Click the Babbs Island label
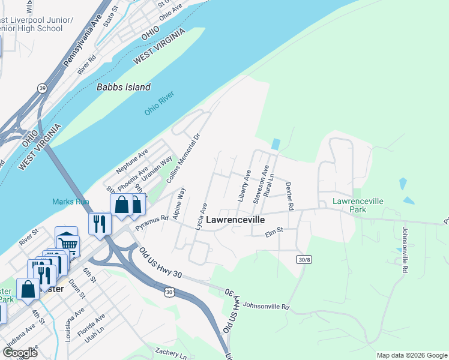point(124,87)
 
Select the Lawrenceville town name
point(235,220)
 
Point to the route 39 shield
point(41,88)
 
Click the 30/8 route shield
point(304,259)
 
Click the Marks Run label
point(71,202)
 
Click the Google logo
point(20,352)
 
